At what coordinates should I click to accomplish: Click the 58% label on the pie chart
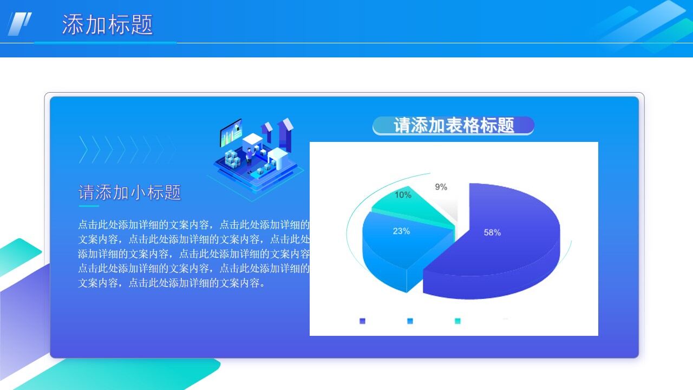click(x=492, y=232)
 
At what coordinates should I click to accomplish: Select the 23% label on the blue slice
click(x=401, y=231)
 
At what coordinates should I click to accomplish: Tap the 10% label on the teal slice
click(x=403, y=195)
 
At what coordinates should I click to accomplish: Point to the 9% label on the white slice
click(x=441, y=187)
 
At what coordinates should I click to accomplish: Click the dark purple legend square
click(x=362, y=321)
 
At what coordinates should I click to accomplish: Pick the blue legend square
click(x=410, y=321)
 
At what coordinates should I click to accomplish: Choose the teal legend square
click(x=457, y=321)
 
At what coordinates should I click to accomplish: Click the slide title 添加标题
click(x=107, y=25)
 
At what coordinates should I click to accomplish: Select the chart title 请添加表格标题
click(x=454, y=126)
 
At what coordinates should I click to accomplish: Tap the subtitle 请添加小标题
click(x=130, y=192)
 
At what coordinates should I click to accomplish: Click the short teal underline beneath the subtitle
click(x=89, y=206)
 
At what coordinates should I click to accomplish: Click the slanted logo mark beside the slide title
click(x=19, y=24)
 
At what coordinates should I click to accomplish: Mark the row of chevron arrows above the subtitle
click(x=127, y=149)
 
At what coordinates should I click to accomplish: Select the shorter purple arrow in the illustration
click(x=267, y=132)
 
